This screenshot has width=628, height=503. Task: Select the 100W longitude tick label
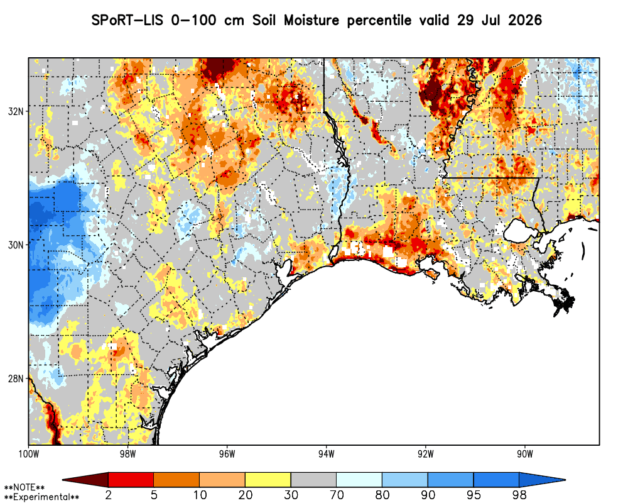tap(28, 454)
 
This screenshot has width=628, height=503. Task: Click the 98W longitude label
tap(127, 454)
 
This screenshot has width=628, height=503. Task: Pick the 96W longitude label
tap(227, 454)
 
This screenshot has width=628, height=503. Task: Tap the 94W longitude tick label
tap(327, 454)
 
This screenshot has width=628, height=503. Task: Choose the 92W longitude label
tap(426, 454)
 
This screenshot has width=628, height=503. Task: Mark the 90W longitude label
tap(525, 454)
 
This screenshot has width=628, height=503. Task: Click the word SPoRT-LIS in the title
tap(127, 20)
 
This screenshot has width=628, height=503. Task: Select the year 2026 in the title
tap(525, 20)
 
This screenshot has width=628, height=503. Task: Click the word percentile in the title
tap(379, 21)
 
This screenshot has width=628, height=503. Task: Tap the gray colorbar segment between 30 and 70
tap(313, 480)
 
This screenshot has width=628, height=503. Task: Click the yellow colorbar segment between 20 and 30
tap(268, 480)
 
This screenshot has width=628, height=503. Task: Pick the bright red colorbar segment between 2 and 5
tap(131, 480)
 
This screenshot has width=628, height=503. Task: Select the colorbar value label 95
tap(474, 495)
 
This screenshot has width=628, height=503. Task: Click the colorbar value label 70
tap(337, 495)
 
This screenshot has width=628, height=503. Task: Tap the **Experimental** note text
tap(41, 497)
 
